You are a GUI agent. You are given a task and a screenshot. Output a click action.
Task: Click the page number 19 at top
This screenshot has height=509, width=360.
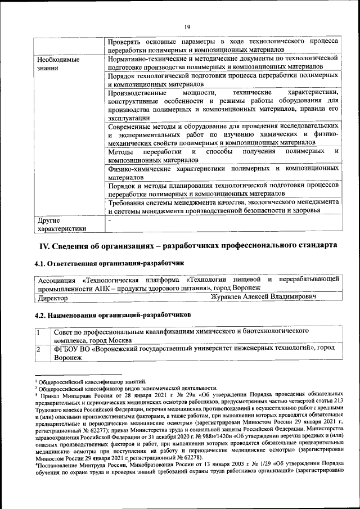pos(188,26)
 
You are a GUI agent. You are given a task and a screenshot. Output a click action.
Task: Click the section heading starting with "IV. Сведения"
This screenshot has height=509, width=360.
pos(188,246)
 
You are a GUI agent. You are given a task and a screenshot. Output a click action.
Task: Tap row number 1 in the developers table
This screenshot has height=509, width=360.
pos(39,332)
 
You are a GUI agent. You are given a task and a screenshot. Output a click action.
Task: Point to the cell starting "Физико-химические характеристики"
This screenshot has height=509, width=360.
pos(223,172)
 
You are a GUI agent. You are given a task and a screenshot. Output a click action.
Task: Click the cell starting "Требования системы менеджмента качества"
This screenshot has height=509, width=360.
pos(223,206)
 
